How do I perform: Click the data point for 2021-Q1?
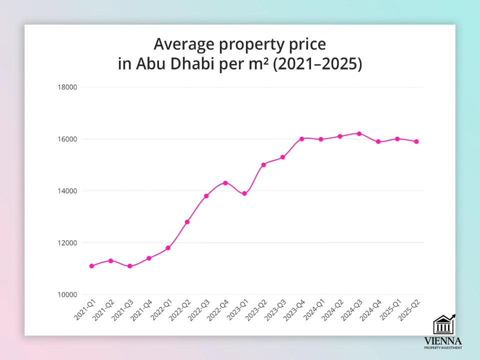click(91, 266)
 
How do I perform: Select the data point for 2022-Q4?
click(225, 183)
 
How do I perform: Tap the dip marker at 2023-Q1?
click(244, 193)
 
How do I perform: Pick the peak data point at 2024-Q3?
click(359, 133)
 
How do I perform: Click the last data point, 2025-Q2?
click(416, 141)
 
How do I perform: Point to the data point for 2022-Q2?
click(187, 222)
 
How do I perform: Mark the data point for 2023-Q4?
click(301, 138)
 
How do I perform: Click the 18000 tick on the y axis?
click(67, 87)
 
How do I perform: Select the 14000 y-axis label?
click(67, 191)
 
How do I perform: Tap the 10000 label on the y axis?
click(67, 294)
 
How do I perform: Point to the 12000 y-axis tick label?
click(67, 243)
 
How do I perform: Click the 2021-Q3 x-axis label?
click(123, 310)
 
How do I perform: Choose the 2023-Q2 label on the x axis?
click(257, 310)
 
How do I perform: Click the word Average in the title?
click(182, 44)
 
